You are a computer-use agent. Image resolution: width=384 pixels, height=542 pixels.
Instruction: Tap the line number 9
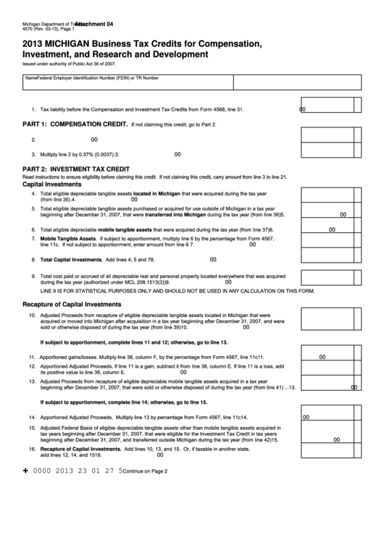33,276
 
